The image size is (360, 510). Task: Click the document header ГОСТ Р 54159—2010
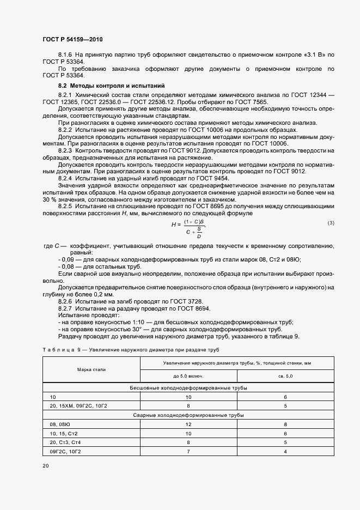[72, 40]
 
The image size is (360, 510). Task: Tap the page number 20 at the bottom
[46, 466]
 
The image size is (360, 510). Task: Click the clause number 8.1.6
[65, 56]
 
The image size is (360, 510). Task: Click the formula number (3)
[331, 223]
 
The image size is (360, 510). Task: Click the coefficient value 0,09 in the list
[68, 259]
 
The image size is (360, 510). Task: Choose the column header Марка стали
[91, 370]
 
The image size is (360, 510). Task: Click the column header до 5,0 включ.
[189, 376]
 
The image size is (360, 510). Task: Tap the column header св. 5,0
[285, 376]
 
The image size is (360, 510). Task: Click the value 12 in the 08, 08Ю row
[188, 423]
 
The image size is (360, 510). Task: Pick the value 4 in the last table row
[285, 451]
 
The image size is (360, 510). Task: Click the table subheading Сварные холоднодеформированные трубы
[188, 415]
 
